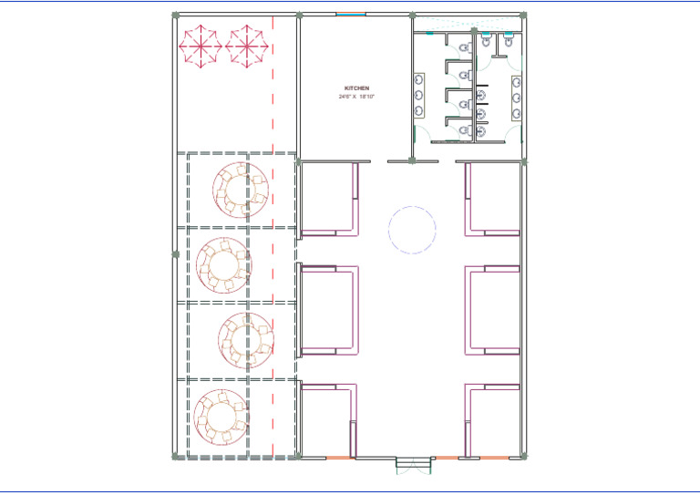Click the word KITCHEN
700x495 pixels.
[356, 88]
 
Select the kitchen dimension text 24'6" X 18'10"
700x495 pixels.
[356, 96]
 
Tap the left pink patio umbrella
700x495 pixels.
[200, 46]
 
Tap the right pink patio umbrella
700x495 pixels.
[247, 46]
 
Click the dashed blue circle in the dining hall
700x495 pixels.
[413, 229]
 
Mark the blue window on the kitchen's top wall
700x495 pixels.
[350, 15]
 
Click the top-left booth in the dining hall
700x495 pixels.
[328, 198]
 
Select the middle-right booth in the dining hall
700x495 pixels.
[492, 309]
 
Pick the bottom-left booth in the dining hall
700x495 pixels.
[328, 419]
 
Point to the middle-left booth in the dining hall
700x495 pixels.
[328, 309]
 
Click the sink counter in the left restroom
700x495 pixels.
[418, 95]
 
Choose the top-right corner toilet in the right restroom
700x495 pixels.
[508, 40]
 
